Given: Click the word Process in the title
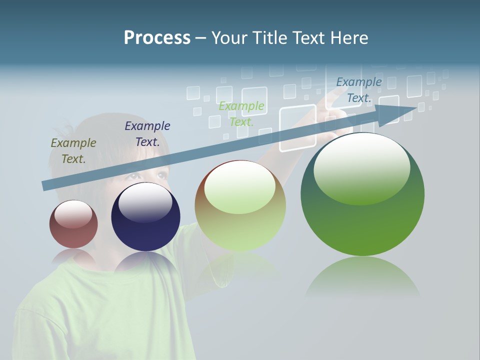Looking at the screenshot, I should [157, 38].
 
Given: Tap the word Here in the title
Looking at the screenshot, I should [349, 38].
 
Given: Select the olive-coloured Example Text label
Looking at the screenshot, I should [73, 150].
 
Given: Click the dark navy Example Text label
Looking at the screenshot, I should [147, 133].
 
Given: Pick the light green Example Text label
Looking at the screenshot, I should [241, 113].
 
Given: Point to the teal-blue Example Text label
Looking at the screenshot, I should [359, 90].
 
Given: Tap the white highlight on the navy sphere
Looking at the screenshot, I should [145, 202].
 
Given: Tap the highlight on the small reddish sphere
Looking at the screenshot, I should [73, 214].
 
